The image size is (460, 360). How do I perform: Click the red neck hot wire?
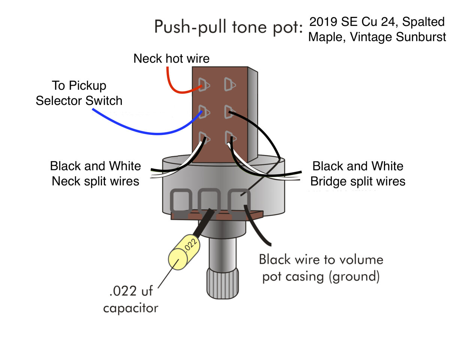tap(173, 86)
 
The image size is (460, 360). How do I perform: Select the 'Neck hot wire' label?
tap(171, 58)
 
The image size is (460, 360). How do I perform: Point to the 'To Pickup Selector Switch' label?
tap(79, 93)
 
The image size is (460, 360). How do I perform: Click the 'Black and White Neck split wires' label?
tap(96, 174)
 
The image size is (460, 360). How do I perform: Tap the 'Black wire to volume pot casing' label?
tap(321, 268)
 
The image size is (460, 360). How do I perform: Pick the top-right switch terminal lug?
tap(229, 85)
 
